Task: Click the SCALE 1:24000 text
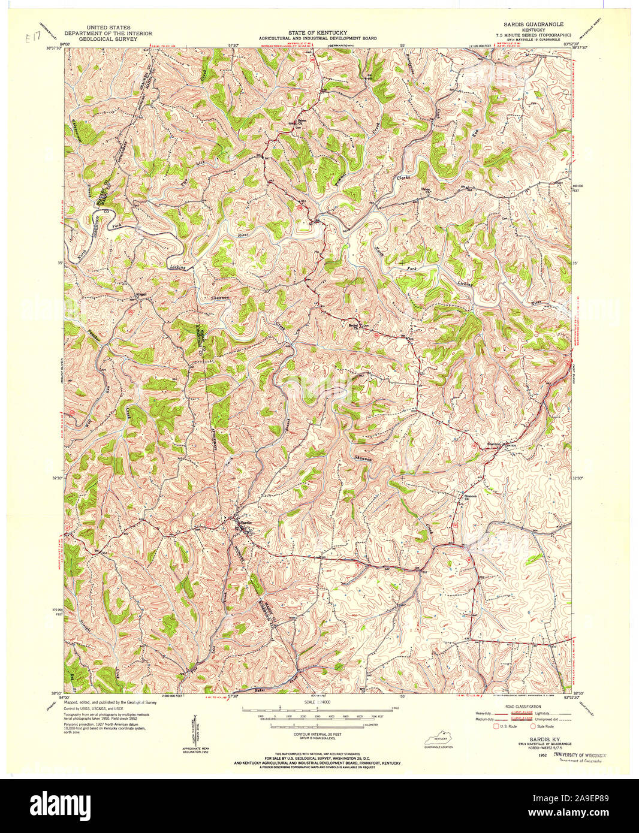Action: (x=318, y=702)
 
